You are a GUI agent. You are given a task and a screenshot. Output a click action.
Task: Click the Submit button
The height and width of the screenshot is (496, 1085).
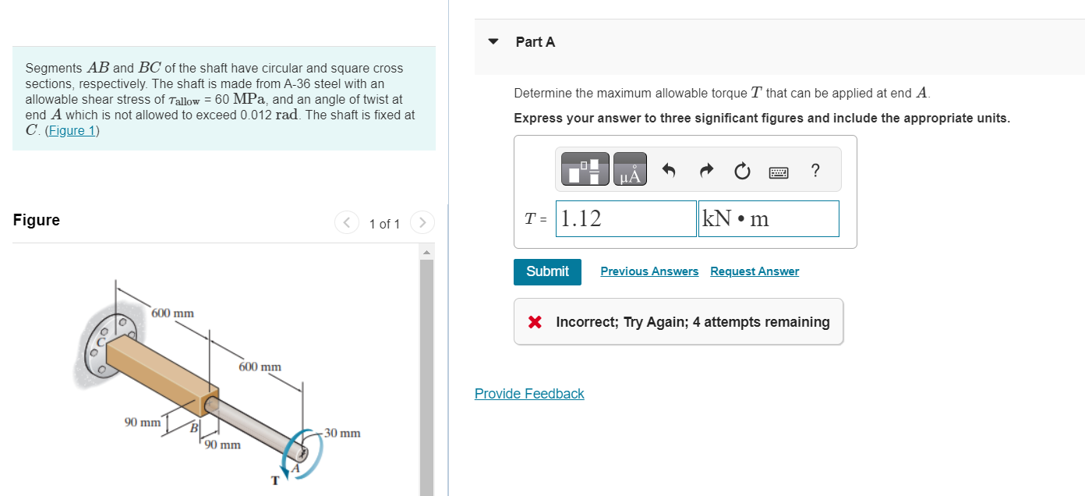(x=547, y=271)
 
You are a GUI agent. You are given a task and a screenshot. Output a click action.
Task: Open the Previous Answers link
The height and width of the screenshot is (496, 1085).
(x=649, y=271)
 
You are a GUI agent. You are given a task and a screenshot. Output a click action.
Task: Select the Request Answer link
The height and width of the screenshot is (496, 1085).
(x=754, y=271)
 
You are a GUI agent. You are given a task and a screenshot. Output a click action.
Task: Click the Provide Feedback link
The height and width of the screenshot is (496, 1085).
(x=529, y=394)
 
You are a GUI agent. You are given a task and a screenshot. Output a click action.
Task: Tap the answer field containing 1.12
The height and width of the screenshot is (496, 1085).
(x=627, y=219)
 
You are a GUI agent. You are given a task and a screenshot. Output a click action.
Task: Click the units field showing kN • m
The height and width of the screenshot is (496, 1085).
(x=769, y=219)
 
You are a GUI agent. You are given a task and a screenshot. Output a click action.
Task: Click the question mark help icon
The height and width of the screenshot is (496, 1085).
(x=815, y=170)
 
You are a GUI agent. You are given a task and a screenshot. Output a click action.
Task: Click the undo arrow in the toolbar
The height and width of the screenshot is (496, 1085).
(x=669, y=170)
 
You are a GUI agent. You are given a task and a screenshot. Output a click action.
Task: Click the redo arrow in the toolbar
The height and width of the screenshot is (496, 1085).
(x=705, y=170)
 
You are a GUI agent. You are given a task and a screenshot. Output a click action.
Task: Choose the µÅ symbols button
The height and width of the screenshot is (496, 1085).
(x=630, y=170)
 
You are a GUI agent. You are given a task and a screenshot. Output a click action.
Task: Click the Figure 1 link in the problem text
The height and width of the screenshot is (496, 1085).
(x=72, y=130)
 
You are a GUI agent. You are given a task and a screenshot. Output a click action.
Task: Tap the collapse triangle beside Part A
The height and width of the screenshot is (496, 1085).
(x=493, y=42)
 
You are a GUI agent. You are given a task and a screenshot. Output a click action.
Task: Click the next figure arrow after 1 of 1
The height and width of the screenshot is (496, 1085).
(x=422, y=224)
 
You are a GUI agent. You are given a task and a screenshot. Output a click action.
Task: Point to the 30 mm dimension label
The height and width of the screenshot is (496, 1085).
(x=342, y=433)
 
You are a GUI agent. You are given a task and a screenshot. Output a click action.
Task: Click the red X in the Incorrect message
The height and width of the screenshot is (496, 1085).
(x=535, y=322)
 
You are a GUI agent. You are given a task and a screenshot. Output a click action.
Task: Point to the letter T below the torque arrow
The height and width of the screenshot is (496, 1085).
(x=274, y=480)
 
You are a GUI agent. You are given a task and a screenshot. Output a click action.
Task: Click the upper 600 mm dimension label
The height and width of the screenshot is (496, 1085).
(x=173, y=314)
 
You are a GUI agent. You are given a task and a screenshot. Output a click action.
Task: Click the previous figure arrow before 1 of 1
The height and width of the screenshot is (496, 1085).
(x=346, y=224)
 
